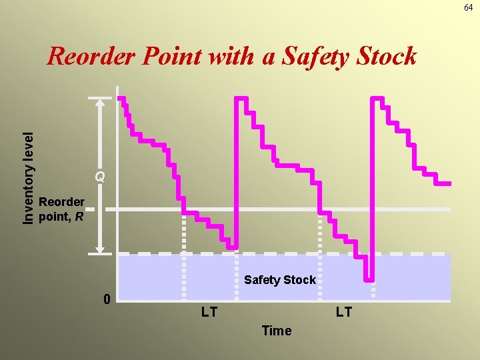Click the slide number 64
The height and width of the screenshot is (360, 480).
(x=469, y=7)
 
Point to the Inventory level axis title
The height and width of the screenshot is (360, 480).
(x=28, y=177)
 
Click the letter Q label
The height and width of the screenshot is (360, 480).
(x=100, y=177)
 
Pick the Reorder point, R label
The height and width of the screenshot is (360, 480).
(x=62, y=209)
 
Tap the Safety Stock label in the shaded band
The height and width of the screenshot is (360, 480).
(x=279, y=280)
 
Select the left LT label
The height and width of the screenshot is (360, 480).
(x=209, y=312)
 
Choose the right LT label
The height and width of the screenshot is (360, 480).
(x=344, y=312)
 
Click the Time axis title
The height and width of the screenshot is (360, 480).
(x=277, y=331)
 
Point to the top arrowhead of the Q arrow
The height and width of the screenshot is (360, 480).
(x=100, y=103)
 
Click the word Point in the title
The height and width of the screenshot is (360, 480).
(x=173, y=57)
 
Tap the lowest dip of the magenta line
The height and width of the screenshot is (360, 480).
(x=369, y=279)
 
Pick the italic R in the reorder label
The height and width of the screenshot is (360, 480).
(x=79, y=216)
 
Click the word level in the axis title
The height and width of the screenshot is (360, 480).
(x=28, y=148)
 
